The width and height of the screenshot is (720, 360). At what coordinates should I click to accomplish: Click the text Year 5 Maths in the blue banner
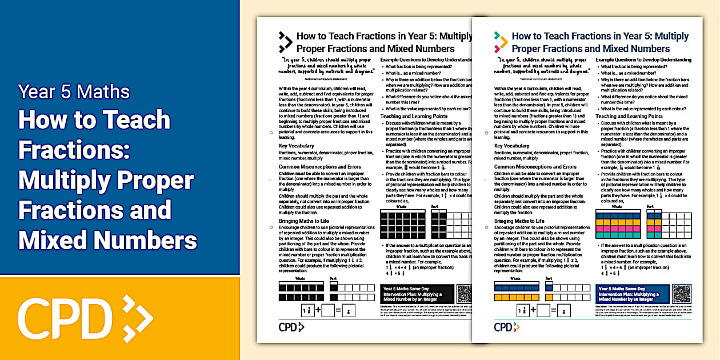tap(74, 91)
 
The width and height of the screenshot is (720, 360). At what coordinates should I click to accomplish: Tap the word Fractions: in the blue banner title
tap(75, 150)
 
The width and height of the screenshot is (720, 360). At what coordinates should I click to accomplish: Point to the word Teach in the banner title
tap(131, 120)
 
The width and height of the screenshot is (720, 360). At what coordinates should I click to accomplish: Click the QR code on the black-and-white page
tap(463, 293)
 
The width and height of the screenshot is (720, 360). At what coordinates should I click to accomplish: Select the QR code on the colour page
tap(682, 293)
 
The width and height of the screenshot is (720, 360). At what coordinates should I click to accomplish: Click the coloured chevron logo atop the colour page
tap(501, 42)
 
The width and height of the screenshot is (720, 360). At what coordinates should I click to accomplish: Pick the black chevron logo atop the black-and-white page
tap(285, 42)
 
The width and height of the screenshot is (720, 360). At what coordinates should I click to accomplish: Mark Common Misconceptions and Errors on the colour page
tap(536, 166)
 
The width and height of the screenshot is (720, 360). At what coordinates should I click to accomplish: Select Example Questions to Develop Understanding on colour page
tap(643, 59)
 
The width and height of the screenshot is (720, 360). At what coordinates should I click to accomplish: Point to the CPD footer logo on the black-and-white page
tap(291, 327)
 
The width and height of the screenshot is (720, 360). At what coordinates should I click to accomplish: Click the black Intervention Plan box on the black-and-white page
tap(415, 294)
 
